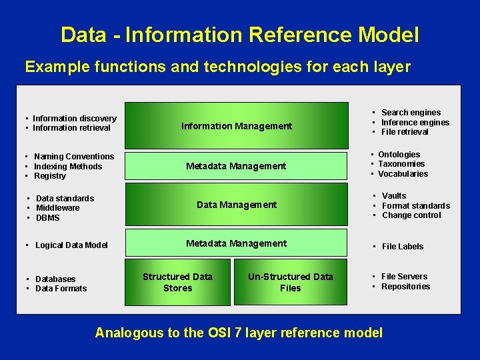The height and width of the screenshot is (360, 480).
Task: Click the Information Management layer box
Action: pos(237,125)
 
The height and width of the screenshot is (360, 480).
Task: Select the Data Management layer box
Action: pos(237,205)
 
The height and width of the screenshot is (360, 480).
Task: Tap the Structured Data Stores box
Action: pos(177,282)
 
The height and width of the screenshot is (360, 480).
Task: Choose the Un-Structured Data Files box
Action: pos(290,282)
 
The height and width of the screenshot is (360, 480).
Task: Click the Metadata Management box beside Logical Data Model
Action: pos(237,243)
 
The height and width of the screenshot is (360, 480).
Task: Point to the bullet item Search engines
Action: pos(411,113)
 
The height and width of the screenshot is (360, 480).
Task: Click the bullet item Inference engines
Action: pos(415,122)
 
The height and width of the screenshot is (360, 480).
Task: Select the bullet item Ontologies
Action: pos(399,155)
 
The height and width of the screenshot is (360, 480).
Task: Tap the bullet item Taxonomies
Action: pos(401,164)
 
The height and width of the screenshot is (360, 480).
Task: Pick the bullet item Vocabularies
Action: pos(403,174)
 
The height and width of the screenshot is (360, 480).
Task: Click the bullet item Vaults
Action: pos(394,196)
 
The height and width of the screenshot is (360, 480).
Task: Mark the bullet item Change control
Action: pos(411,215)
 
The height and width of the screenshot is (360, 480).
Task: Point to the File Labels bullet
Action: pos(402,247)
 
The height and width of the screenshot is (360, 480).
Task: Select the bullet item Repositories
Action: pos(405,287)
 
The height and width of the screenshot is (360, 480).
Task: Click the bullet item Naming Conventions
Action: pos(73,157)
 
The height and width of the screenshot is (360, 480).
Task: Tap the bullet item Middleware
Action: pos(57,208)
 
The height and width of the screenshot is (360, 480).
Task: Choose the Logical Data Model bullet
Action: pos(71,245)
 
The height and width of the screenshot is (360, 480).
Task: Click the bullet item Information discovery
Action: pos(74,119)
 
